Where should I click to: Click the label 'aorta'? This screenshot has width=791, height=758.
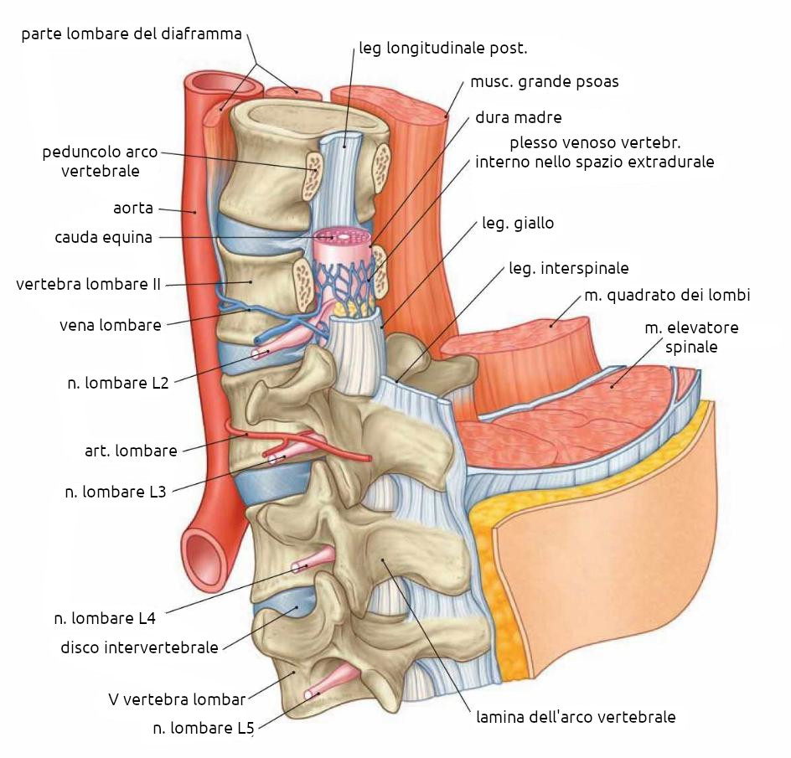(x=133, y=208)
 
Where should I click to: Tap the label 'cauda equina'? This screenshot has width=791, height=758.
(x=104, y=237)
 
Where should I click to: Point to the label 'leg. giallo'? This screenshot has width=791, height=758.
(x=518, y=224)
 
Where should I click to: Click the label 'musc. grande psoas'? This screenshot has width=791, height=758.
(x=544, y=82)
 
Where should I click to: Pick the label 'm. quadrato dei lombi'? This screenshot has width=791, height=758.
(x=666, y=295)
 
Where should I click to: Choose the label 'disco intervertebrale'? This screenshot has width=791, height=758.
(x=139, y=647)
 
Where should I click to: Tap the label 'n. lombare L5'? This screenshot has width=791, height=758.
(x=203, y=729)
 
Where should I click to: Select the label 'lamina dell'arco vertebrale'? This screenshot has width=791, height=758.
(x=576, y=717)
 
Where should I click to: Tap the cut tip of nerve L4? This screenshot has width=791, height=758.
(x=297, y=567)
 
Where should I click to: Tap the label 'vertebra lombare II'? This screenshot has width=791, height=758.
(x=88, y=284)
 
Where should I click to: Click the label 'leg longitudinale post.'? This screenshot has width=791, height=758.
(x=443, y=48)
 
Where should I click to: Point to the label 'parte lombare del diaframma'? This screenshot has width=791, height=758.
(x=132, y=34)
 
